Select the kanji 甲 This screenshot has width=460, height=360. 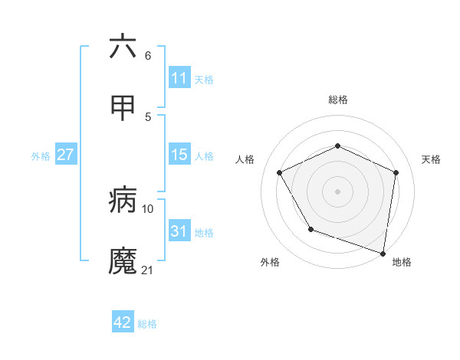(123, 108)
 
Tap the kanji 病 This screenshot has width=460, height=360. (123, 201)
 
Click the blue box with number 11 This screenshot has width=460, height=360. (179, 78)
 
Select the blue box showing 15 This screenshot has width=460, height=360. (179, 155)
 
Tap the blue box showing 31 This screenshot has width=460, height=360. (179, 231)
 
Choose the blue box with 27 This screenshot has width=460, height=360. (65, 155)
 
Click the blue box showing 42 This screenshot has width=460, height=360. (123, 322)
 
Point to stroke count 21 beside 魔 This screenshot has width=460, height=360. (148, 270)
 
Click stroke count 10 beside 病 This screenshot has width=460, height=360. (148, 208)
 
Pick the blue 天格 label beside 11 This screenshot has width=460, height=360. (204, 79)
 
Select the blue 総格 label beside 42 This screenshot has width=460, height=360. (147, 323)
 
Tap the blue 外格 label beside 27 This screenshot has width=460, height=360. (41, 155)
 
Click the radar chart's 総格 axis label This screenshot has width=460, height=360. (338, 100)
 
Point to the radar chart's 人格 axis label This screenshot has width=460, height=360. (245, 159)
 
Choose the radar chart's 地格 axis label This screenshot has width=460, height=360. (402, 262)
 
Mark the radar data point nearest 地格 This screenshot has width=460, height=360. (383, 253)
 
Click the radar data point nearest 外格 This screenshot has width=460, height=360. (310, 229)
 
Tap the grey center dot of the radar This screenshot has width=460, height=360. (338, 191)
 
